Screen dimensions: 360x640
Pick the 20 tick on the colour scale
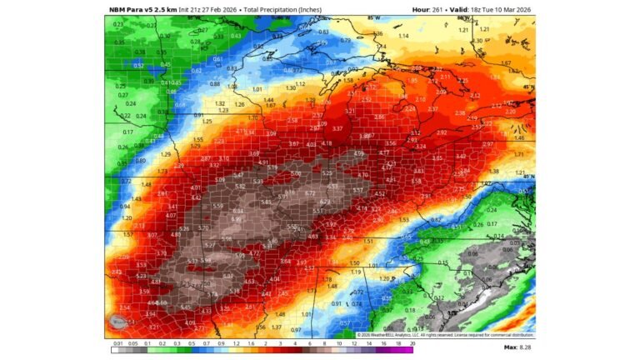[x=412, y=342]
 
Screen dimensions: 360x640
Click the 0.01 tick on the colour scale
[x=118, y=342]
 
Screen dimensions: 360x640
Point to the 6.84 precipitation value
[x=237, y=211]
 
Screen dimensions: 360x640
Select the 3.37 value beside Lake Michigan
[x=337, y=129]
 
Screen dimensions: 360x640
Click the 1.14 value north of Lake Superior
[x=403, y=37]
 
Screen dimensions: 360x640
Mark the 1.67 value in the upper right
[x=506, y=63]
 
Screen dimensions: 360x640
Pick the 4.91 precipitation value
[x=263, y=162]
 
